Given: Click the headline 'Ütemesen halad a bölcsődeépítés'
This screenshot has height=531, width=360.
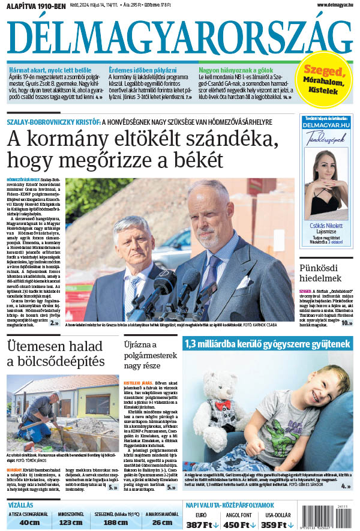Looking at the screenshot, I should [x=55, y=354].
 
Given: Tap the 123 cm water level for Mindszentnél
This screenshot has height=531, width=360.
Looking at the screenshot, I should [x=71, y=522].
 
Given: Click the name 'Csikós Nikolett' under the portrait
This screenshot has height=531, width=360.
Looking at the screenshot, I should [x=327, y=226].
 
